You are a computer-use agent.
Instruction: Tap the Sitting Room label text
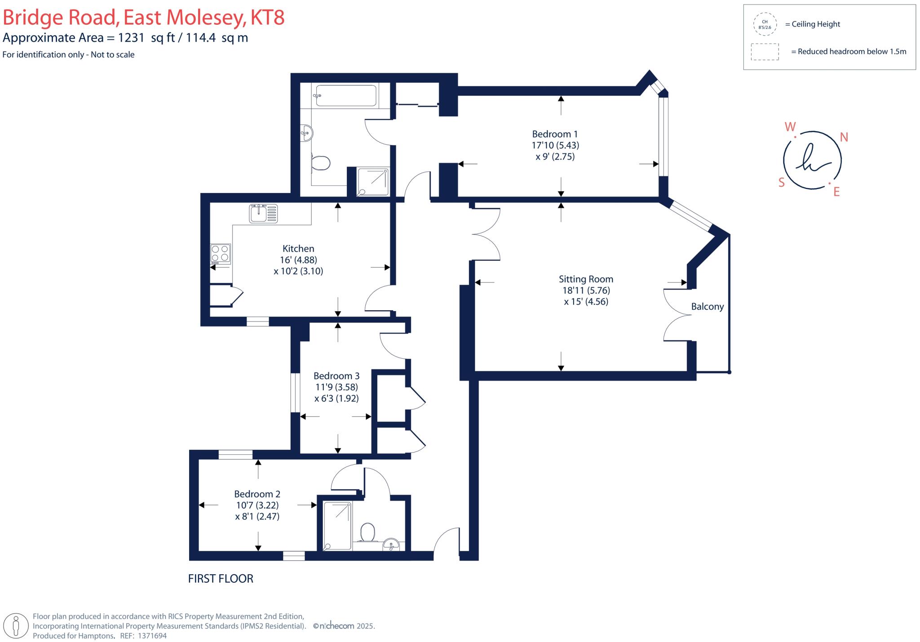[586, 279]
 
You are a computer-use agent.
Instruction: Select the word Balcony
[707, 307]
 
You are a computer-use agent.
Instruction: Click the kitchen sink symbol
[264, 213]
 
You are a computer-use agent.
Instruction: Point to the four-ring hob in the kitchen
[221, 253]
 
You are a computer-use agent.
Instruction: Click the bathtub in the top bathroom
[346, 96]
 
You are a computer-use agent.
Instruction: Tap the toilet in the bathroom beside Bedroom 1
[321, 163]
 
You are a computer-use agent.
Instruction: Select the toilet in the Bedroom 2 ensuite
[367, 532]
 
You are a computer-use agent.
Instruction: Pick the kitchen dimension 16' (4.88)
[298, 260]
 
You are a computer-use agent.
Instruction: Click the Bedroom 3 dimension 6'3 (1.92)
[336, 398]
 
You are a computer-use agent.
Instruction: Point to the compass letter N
[844, 137]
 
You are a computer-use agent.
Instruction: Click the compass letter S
[781, 182]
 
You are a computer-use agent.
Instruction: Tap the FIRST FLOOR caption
[220, 579]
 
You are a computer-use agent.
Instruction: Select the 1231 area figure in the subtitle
[131, 38]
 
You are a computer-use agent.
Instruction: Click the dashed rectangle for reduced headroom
[765, 52]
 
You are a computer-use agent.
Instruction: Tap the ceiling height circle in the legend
[765, 24]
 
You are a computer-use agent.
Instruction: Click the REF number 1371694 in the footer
[152, 636]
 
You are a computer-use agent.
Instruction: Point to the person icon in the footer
[16, 625]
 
